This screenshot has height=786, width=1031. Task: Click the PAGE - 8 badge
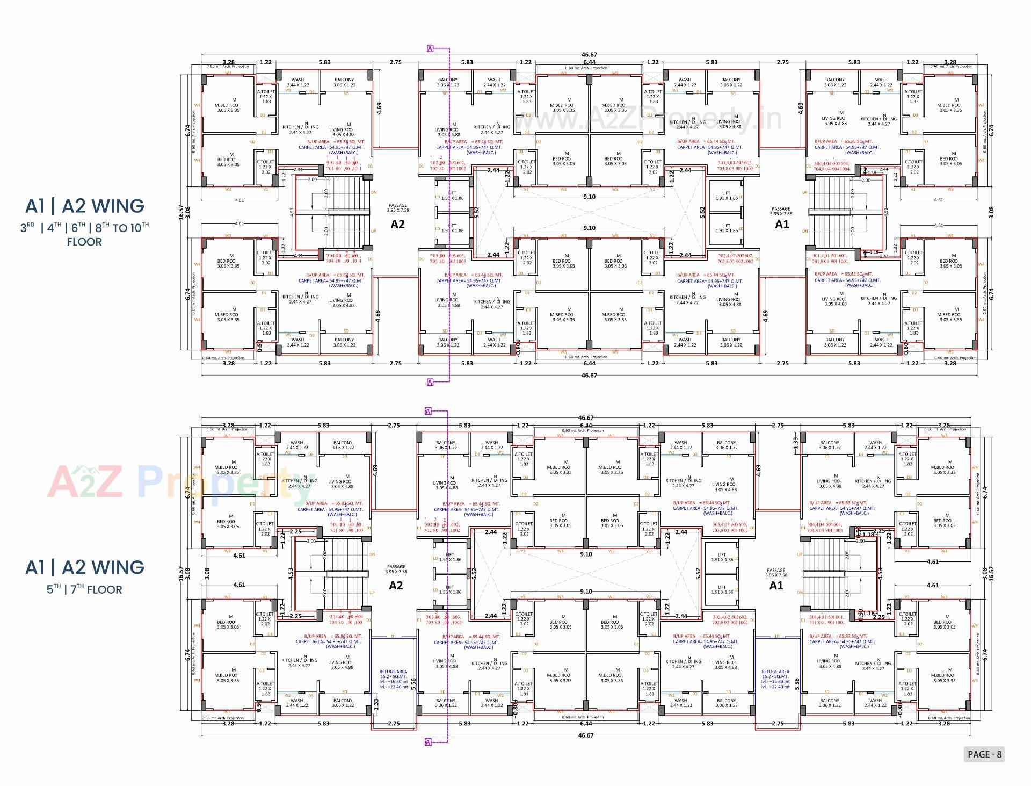click(x=984, y=754)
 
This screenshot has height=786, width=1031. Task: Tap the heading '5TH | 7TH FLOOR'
click(x=84, y=589)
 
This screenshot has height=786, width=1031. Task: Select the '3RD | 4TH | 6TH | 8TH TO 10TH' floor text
click(x=84, y=228)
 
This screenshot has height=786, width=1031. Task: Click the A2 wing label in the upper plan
click(x=397, y=225)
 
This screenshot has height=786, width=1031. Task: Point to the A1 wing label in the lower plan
click(x=776, y=586)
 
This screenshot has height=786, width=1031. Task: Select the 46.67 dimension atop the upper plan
click(x=589, y=55)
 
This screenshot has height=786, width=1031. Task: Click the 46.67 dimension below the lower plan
click(x=586, y=735)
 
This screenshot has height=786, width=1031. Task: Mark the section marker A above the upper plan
click(x=430, y=49)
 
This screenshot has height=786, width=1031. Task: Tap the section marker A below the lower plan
click(x=428, y=742)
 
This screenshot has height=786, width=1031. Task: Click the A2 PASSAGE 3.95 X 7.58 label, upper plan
click(x=398, y=208)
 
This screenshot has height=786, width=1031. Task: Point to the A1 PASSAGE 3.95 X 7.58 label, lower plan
click(x=776, y=572)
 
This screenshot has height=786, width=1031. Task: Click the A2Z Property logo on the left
click(x=177, y=482)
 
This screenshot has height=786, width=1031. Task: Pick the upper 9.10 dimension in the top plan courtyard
click(x=589, y=197)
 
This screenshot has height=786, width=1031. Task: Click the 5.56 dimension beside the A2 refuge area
click(x=413, y=683)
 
